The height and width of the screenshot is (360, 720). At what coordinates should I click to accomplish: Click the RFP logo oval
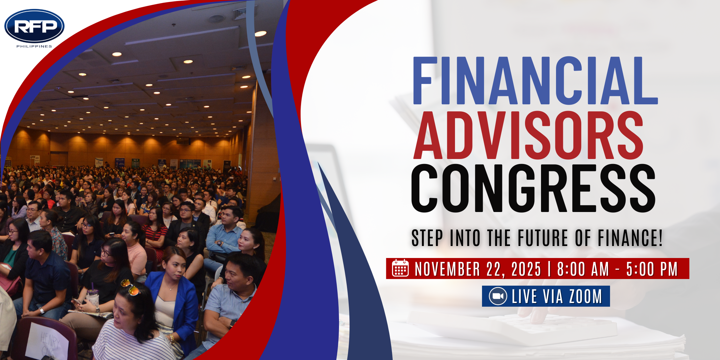(34, 26)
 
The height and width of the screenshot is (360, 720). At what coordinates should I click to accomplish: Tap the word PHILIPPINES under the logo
(34, 46)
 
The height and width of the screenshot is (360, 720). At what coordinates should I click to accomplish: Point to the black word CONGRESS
(533, 188)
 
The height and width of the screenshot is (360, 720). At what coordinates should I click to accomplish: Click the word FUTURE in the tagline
(543, 238)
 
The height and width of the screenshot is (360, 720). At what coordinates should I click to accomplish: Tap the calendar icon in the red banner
(400, 268)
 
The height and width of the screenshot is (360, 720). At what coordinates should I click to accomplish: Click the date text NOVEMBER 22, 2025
(478, 269)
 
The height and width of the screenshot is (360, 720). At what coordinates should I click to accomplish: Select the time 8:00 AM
(583, 269)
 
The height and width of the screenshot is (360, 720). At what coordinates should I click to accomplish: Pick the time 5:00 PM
(652, 269)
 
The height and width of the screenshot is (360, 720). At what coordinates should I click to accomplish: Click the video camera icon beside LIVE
(498, 296)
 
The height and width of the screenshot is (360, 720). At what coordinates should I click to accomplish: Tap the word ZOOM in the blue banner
(585, 296)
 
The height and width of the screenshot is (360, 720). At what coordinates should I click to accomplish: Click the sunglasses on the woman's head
(130, 287)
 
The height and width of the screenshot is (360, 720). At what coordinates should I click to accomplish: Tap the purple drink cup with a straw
(93, 296)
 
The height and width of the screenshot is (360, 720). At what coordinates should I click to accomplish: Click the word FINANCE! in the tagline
(630, 238)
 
